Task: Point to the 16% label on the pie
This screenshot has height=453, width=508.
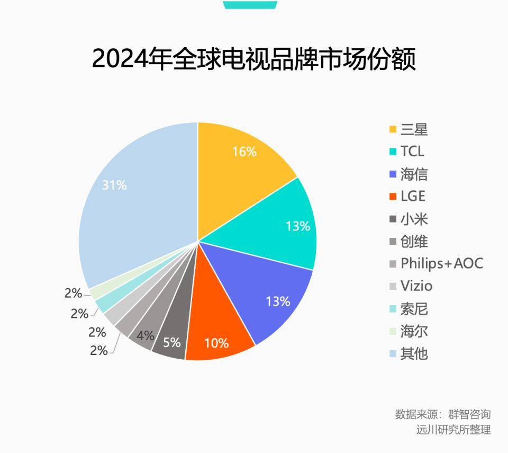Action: click(x=244, y=152)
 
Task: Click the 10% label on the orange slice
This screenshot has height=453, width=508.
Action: click(x=216, y=343)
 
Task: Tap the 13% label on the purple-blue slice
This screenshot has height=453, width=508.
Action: click(x=278, y=301)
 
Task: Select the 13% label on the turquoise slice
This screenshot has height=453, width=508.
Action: click(x=297, y=226)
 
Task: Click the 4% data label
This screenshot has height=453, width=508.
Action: click(x=145, y=336)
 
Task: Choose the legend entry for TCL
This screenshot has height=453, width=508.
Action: click(x=412, y=152)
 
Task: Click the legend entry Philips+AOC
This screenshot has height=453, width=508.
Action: click(x=441, y=263)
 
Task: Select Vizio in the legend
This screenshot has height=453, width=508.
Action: click(x=416, y=286)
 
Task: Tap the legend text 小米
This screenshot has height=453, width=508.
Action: click(x=414, y=219)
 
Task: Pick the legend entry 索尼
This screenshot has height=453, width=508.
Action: click(x=414, y=308)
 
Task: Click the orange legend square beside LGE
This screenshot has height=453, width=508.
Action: click(x=393, y=197)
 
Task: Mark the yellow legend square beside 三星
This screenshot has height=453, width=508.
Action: click(x=393, y=129)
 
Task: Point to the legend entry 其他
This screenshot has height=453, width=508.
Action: click(x=414, y=353)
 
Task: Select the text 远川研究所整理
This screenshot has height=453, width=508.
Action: click(x=453, y=430)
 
